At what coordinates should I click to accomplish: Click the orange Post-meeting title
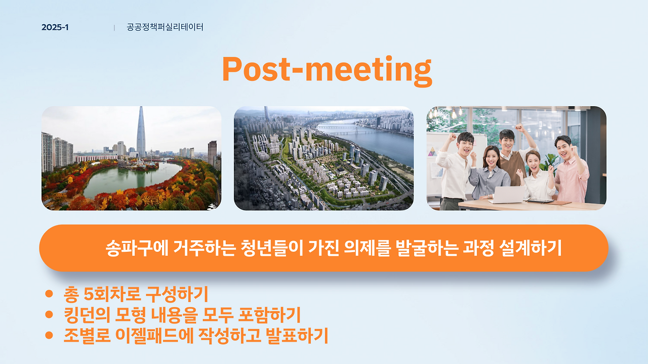[327, 70]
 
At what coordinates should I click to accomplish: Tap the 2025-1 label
[55, 27]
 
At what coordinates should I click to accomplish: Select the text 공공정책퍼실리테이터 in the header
[165, 27]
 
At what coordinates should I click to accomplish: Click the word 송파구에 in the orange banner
[137, 248]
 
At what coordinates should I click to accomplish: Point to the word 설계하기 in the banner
[530, 248]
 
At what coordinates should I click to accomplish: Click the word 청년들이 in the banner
[272, 248]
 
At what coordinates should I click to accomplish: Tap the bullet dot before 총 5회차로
[49, 294]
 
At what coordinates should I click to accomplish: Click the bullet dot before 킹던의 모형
[49, 314]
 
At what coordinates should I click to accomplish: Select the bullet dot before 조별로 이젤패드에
[49, 335]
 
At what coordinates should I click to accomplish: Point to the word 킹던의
[87, 314]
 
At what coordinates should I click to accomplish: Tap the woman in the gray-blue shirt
[489, 173]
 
